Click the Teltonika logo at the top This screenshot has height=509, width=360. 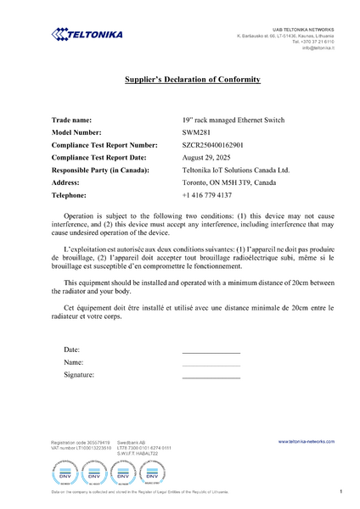87,34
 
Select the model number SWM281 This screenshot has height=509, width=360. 195,132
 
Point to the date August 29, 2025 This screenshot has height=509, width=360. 208,158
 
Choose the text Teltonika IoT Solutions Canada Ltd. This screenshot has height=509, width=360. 235,170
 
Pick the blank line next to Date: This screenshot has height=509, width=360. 211,351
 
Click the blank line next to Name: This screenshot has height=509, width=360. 211,364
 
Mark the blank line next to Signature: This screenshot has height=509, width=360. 211,376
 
